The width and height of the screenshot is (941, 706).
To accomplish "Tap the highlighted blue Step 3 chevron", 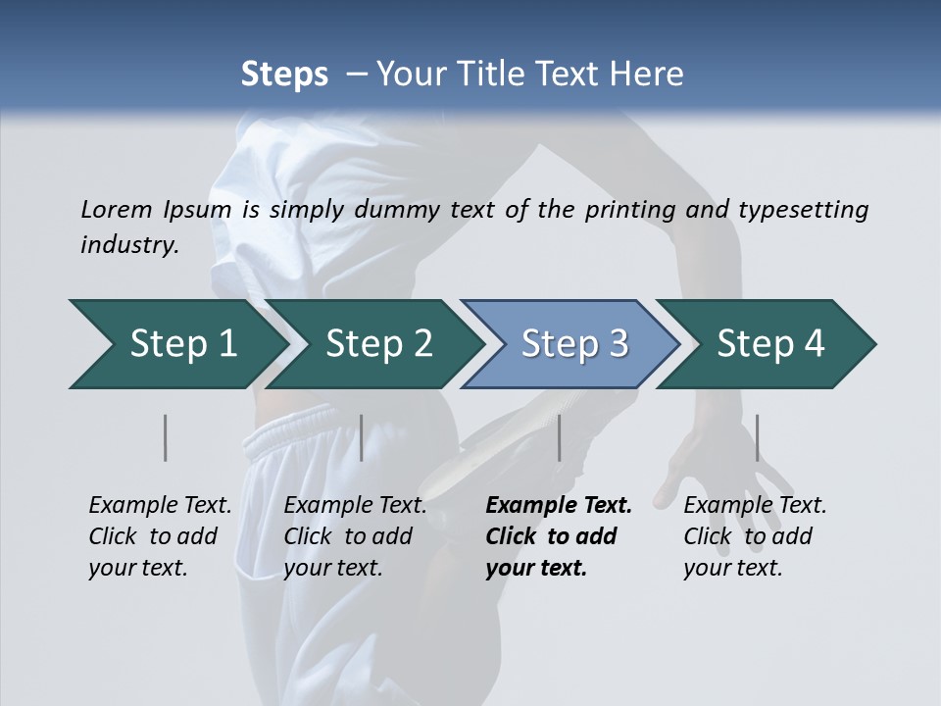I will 574,343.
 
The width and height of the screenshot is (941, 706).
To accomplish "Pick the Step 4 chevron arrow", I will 770,343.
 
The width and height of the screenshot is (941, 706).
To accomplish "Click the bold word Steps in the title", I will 284,74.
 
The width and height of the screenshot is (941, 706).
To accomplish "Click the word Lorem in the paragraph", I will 115,209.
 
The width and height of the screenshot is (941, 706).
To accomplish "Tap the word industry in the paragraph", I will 128,244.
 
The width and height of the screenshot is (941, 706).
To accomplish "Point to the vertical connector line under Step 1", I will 166,437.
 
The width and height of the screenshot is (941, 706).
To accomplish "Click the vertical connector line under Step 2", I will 362,437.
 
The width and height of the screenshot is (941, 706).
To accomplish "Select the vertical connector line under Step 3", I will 559,437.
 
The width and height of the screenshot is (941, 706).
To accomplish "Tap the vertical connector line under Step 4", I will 757,437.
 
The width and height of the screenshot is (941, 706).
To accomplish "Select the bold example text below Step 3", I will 558,536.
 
